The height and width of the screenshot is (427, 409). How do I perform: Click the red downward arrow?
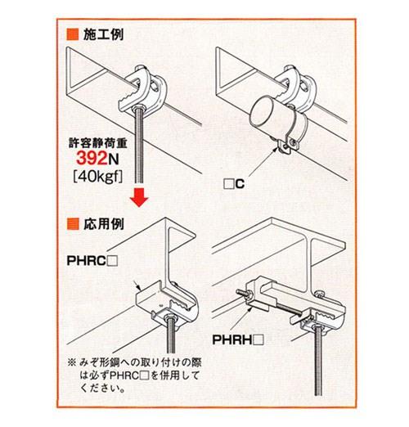pyautogui.click(x=140, y=197)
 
